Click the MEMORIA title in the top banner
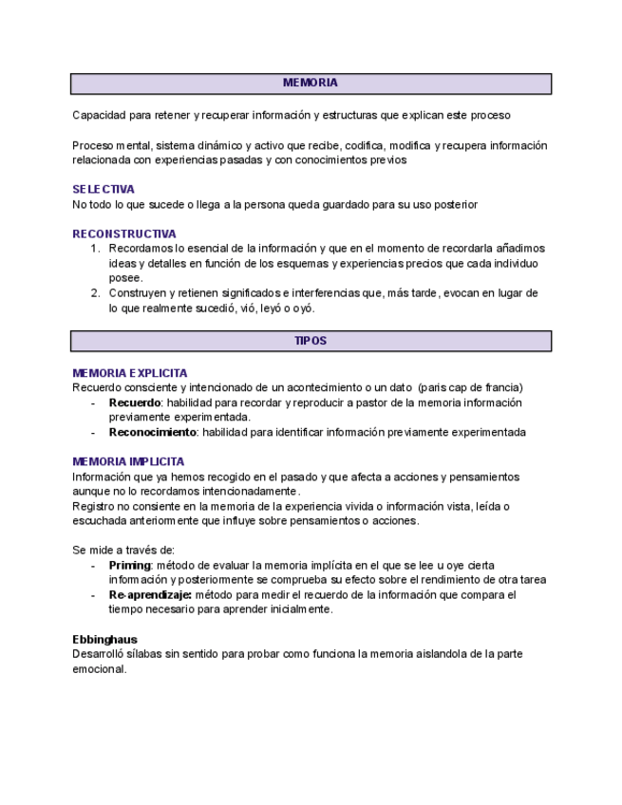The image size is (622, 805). pos(310,84)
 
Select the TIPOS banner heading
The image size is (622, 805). pos(310,341)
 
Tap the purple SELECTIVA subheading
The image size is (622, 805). pos(104,189)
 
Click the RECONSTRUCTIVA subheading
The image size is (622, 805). pos(124,234)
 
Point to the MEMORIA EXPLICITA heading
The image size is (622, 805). pos(130,373)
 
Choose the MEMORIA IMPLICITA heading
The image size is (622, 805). pos(128,461)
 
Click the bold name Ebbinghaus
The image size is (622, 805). pos(104,640)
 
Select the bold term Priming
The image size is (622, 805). pos(129,565)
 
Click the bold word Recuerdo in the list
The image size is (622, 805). pos(134,402)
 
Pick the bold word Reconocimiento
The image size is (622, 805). pos(152,432)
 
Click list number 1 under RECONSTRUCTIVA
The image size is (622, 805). pos(95,249)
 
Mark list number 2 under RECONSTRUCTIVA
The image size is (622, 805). pos(95,293)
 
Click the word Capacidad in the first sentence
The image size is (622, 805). pos(99,116)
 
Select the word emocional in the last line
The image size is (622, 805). pos(99,669)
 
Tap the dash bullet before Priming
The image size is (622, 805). pos(93,565)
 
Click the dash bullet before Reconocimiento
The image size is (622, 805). pos(93,432)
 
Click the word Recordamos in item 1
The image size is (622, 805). pos(141,249)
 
